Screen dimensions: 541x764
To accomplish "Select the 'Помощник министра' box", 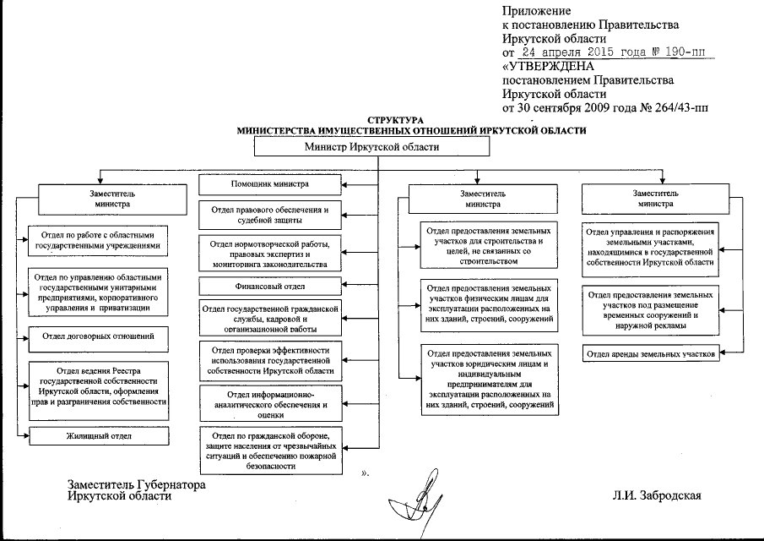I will click(270, 183).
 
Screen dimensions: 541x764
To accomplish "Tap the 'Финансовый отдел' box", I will click(270, 286).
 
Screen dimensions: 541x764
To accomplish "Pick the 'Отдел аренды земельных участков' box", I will click(651, 353).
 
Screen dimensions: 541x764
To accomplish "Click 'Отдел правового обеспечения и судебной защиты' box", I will click(270, 214).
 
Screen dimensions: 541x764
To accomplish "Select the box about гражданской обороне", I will click(270, 451).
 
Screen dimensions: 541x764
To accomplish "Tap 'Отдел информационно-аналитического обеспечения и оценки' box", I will click(270, 404).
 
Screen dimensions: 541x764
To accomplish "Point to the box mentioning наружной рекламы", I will click(651, 309).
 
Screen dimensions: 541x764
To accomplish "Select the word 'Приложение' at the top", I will click(536, 12).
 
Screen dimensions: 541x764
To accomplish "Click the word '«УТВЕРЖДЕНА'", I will click(548, 67).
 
